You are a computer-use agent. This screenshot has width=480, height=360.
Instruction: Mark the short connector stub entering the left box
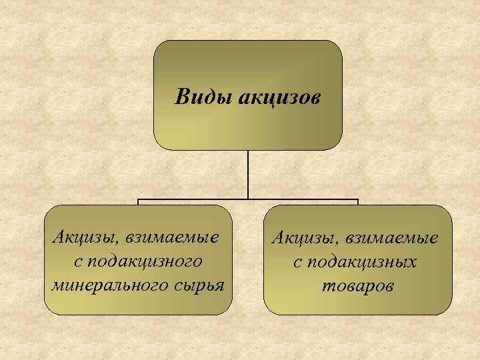139,202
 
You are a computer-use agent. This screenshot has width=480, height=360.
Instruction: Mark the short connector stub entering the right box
358,202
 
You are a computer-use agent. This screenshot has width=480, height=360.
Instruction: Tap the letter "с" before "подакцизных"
297,262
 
